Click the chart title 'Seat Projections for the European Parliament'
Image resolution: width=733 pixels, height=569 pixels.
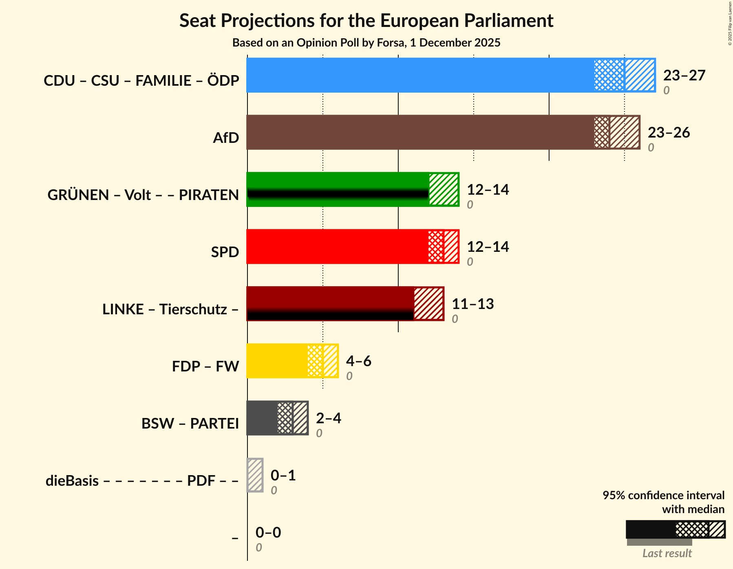(366, 20)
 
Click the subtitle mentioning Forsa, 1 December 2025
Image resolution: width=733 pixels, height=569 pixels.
(366, 43)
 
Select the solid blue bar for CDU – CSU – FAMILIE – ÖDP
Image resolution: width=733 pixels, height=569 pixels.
(420, 75)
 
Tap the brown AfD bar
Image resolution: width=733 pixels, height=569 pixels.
(420, 132)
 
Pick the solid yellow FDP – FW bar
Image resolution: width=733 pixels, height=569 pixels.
(277, 361)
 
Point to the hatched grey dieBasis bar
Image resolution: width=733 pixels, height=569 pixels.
(255, 475)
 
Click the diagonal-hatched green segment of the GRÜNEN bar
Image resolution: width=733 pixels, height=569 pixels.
(444, 189)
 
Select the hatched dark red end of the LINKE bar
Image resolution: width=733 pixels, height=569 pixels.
(428, 304)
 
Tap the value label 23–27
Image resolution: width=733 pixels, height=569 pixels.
(684, 76)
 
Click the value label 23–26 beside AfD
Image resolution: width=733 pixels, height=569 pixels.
(669, 133)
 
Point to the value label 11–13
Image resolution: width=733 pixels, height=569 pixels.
(472, 304)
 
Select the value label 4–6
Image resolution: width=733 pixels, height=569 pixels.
(358, 361)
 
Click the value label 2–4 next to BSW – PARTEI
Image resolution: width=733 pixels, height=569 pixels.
(328, 418)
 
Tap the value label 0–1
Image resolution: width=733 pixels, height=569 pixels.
(283, 476)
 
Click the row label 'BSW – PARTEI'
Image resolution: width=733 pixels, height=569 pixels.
(190, 423)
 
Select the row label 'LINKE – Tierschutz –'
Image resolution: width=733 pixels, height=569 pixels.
(170, 309)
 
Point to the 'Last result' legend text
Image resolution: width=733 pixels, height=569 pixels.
(667, 553)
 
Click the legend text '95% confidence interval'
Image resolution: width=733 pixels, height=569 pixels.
(663, 496)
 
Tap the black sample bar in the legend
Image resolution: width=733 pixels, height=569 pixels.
(650, 529)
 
